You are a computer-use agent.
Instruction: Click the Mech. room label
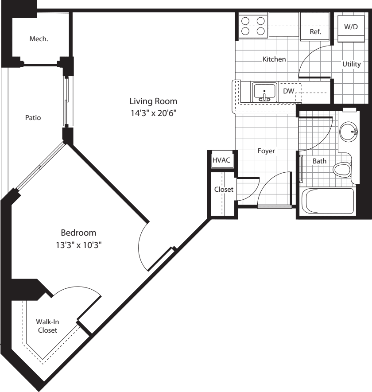(39, 39)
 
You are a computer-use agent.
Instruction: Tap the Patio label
(33, 118)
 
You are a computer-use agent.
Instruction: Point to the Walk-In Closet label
(47, 326)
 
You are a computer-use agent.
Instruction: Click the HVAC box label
(221, 160)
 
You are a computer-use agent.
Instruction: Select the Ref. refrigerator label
(315, 32)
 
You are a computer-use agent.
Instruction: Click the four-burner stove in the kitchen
(252, 26)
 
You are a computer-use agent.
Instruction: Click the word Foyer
(266, 151)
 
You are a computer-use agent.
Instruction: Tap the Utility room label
(352, 64)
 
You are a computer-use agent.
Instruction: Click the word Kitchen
(274, 59)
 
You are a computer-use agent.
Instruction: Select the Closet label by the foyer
(224, 189)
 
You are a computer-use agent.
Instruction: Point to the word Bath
(319, 161)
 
